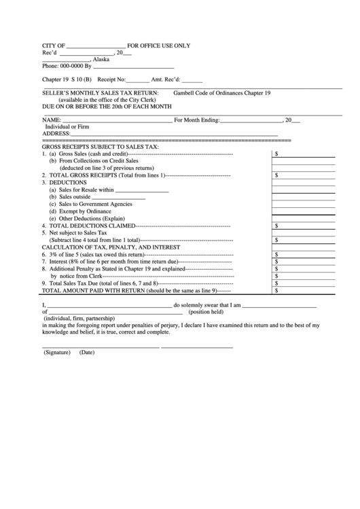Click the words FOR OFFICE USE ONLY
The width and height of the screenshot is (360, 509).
point(159,46)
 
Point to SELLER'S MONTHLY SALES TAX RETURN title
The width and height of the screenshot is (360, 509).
point(101,92)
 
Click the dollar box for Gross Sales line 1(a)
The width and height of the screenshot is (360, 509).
point(304,154)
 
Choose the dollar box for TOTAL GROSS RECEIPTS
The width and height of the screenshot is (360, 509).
point(304,175)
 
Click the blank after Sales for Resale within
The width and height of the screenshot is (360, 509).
point(142,190)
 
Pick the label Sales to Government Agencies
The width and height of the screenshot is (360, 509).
point(95,204)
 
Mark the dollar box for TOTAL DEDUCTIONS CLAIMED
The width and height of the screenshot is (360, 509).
point(304,226)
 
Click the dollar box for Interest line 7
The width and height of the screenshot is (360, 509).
point(304,262)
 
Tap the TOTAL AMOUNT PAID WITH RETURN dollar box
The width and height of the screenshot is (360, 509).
point(304,290)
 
